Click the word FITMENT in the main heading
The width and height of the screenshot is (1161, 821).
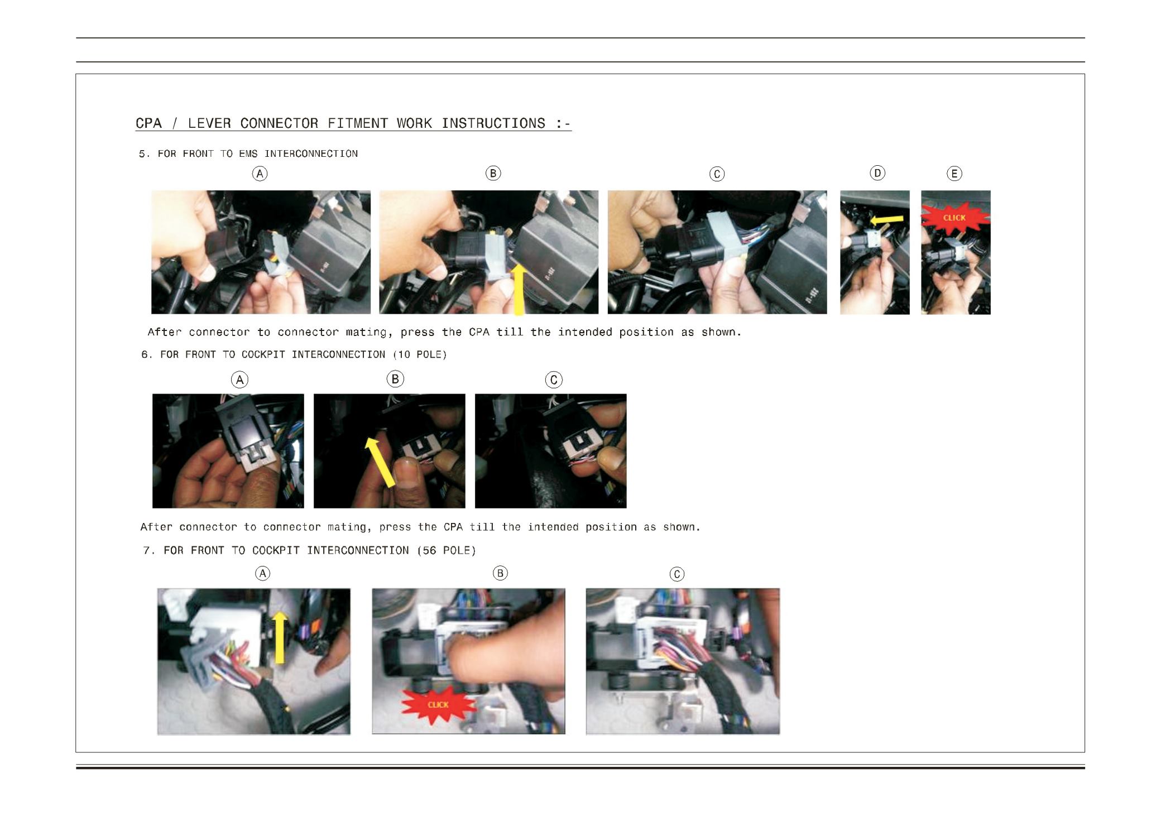pos(358,123)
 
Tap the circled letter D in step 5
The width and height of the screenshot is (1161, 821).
pos(877,173)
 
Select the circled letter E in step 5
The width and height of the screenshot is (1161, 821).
pos(954,174)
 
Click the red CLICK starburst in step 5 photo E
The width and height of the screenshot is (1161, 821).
pos(954,218)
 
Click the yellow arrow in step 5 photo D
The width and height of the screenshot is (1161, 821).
pos(887,221)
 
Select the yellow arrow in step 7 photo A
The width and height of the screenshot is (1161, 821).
pos(280,637)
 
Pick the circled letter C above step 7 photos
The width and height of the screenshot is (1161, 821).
pos(677,574)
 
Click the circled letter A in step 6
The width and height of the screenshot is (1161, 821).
pos(240,380)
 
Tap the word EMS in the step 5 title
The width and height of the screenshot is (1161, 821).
pos(248,153)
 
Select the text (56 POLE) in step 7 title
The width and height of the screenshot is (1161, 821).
pos(447,550)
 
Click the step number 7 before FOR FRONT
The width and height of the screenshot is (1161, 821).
pos(147,550)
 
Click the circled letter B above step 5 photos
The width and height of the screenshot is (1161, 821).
pos(493,174)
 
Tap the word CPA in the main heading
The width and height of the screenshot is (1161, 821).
pos(148,123)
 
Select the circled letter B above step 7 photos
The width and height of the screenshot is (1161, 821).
pos(500,573)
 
